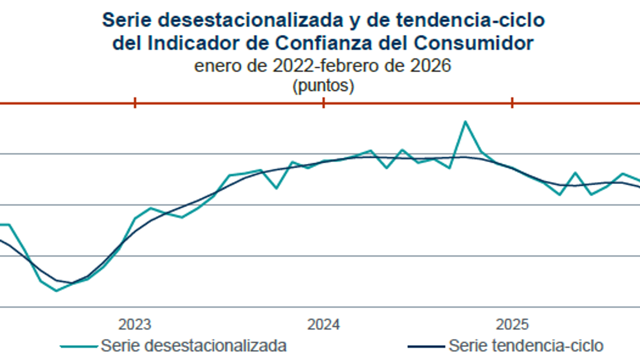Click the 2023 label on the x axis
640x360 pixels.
point(135,324)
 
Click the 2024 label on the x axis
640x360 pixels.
point(324,324)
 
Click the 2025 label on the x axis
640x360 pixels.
point(512,324)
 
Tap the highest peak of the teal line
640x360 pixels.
point(465,121)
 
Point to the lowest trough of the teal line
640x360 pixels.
point(56,291)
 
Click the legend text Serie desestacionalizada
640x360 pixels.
point(193,346)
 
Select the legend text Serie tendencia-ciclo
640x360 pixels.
point(526,346)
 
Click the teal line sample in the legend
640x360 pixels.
point(79,347)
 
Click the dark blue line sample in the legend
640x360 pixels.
point(426,347)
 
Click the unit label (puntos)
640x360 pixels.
point(323,86)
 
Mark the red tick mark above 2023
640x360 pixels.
point(135,103)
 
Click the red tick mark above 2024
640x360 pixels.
point(324,103)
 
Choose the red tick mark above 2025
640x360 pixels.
point(512,103)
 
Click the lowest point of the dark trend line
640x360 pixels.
point(70,283)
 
